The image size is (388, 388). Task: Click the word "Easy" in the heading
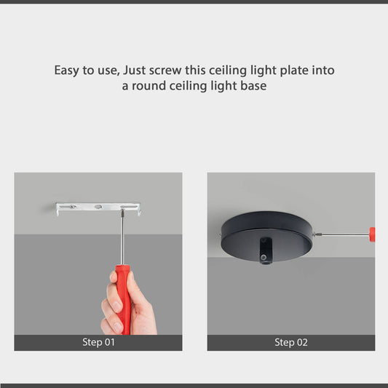click(67, 71)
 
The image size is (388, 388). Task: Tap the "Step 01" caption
click(98, 342)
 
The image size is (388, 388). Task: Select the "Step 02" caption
click(290, 342)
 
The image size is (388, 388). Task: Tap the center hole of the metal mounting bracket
click(98, 207)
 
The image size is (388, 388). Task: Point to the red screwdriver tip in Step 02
click(372, 234)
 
